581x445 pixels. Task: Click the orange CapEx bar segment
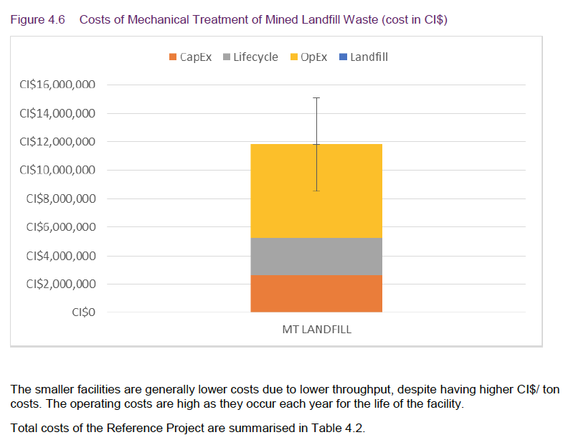(x=316, y=293)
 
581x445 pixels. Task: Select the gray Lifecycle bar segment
(x=316, y=256)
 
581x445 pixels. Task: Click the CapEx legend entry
(x=190, y=57)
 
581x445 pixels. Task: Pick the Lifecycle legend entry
(x=250, y=57)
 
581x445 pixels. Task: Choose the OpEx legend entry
(x=308, y=57)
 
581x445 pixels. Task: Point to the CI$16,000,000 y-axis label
(x=57, y=85)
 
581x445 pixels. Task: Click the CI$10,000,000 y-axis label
(x=57, y=170)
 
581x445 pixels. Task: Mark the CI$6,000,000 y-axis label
(x=60, y=227)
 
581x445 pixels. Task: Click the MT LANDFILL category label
(x=316, y=330)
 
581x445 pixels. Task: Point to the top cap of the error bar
(x=316, y=97)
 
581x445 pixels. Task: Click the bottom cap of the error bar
(x=316, y=191)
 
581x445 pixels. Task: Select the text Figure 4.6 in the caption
(x=36, y=19)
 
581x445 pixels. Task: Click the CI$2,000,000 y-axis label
(x=60, y=284)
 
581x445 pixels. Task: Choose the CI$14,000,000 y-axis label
(x=57, y=113)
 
